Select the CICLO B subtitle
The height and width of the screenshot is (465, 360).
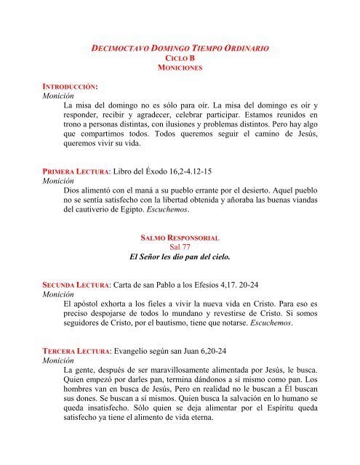[180, 57]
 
